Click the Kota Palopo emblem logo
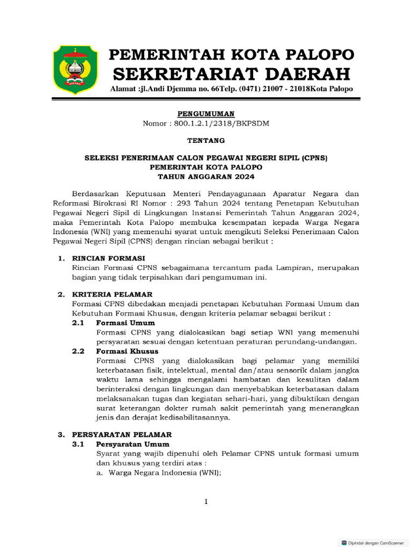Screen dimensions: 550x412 (75, 69)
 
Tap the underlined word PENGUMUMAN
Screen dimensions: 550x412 (206, 114)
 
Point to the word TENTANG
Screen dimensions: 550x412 (206, 141)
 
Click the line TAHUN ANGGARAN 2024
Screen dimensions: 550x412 (206, 176)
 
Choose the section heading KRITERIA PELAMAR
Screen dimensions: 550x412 (104, 294)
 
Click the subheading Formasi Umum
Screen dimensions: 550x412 (125, 323)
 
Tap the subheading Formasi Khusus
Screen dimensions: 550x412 (127, 351)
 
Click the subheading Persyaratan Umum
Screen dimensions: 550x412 (133, 444)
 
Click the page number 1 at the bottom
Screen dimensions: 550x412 (206, 502)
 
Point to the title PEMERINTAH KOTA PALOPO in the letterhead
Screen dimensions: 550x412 (231, 54)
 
